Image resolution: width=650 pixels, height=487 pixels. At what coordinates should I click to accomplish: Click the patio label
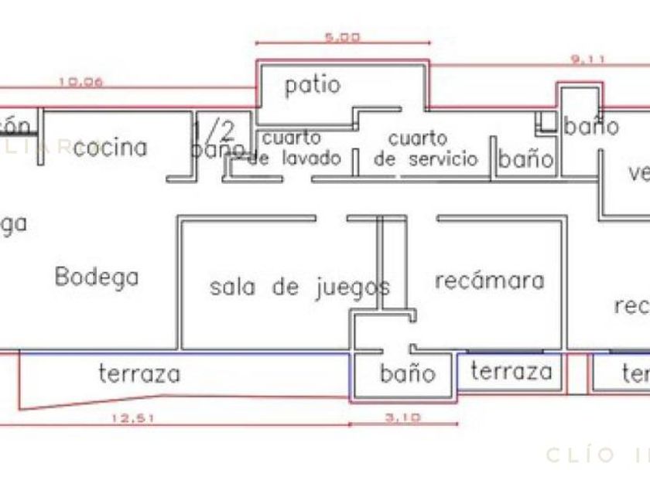(312, 85)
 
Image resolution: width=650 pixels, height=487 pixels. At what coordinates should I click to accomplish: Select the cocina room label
(111, 147)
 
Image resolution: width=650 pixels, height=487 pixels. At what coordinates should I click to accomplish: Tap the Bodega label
(97, 276)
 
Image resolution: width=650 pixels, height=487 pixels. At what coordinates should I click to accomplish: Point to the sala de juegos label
(299, 288)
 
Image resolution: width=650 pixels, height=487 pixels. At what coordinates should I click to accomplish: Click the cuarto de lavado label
(296, 149)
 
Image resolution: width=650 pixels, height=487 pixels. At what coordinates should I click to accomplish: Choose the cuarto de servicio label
(426, 149)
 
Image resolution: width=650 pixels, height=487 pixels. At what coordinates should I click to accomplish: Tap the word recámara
(489, 280)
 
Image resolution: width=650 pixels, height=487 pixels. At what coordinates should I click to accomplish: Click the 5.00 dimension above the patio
(343, 36)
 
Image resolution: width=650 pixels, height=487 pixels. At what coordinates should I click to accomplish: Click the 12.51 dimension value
(129, 418)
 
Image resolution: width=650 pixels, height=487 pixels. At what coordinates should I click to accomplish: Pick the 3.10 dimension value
(402, 418)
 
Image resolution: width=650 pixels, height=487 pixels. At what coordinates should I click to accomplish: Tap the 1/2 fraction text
(207, 129)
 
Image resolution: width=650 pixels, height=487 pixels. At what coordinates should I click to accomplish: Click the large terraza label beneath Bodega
(139, 374)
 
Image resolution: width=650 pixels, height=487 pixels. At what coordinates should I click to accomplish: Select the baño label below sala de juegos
(408, 374)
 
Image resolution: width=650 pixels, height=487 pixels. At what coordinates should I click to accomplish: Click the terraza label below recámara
(511, 372)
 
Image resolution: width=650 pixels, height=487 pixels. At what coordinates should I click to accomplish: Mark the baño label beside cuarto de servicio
(526, 159)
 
